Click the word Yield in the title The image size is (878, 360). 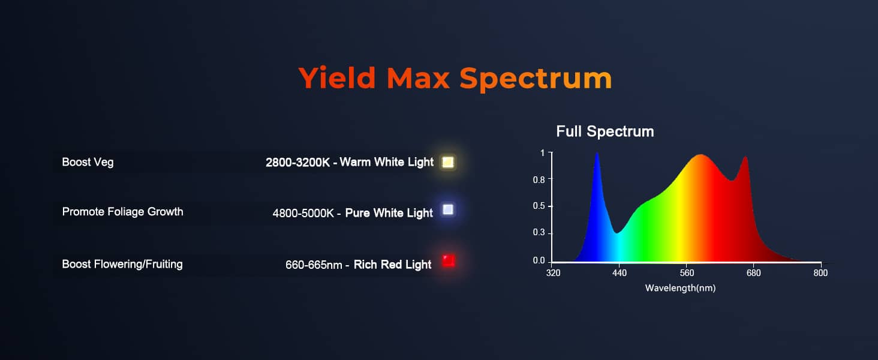(x=336, y=77)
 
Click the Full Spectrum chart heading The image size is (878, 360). (x=605, y=132)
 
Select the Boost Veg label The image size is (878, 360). (x=88, y=163)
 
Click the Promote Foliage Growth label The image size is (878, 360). (x=123, y=212)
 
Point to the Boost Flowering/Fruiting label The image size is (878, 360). (x=122, y=265)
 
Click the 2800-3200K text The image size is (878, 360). (x=298, y=163)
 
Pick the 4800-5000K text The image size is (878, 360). (x=303, y=214)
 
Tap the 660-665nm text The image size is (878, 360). (x=314, y=265)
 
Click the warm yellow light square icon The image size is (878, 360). (x=447, y=162)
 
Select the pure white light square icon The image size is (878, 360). (x=447, y=209)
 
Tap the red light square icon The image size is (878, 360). (x=448, y=260)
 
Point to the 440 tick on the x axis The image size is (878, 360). (x=620, y=272)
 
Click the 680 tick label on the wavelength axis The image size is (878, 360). (x=753, y=272)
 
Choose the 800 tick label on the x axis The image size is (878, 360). (x=820, y=272)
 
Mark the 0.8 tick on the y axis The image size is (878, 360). (x=539, y=180)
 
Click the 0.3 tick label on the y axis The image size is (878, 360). (x=539, y=233)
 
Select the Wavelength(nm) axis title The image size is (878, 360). (x=680, y=288)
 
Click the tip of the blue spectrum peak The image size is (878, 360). (x=597, y=153)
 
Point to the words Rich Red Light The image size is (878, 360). (x=392, y=265)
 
